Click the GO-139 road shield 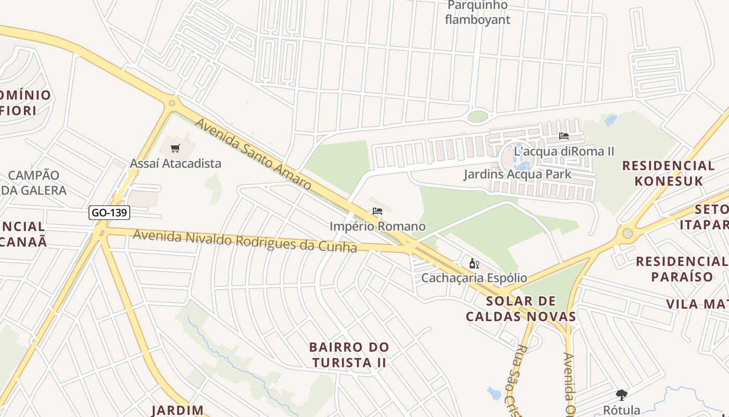point(109,213)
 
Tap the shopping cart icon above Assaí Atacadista point(175,149)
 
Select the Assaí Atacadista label point(175,164)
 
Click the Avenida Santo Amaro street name point(253,154)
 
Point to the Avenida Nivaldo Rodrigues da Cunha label point(245,241)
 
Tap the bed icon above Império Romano point(378,211)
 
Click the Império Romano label point(378,226)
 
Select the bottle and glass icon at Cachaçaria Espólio point(474,263)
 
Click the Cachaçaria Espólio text point(474,278)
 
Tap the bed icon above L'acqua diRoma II point(563,136)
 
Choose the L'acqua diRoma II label point(564,151)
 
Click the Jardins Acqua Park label point(518,174)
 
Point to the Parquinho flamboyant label point(477,13)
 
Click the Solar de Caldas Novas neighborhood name point(521,309)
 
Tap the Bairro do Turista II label point(349,354)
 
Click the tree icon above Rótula point(621,395)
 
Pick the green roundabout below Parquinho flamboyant point(477,116)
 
